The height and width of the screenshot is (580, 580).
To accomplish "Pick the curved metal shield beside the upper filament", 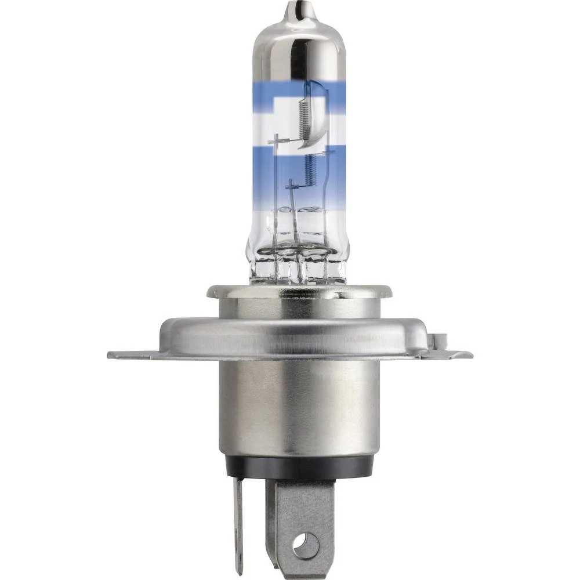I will coord(318,116).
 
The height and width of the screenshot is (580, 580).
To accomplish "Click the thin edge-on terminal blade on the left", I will coord(238,522).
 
